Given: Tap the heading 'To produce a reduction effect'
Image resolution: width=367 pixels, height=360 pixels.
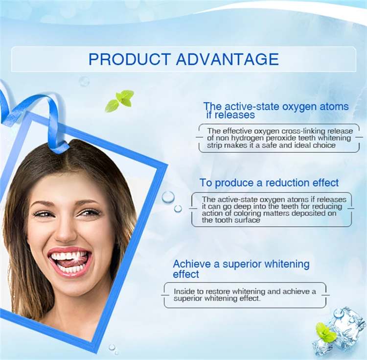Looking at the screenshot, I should (269, 183).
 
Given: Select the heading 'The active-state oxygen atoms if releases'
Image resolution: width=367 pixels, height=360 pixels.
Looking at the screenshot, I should (276, 110).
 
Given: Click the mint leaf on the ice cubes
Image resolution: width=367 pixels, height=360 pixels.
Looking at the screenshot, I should (325, 332).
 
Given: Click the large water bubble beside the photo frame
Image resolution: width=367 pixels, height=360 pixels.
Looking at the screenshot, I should (168, 197).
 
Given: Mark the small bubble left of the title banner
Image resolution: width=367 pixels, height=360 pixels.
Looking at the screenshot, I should (84, 81).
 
